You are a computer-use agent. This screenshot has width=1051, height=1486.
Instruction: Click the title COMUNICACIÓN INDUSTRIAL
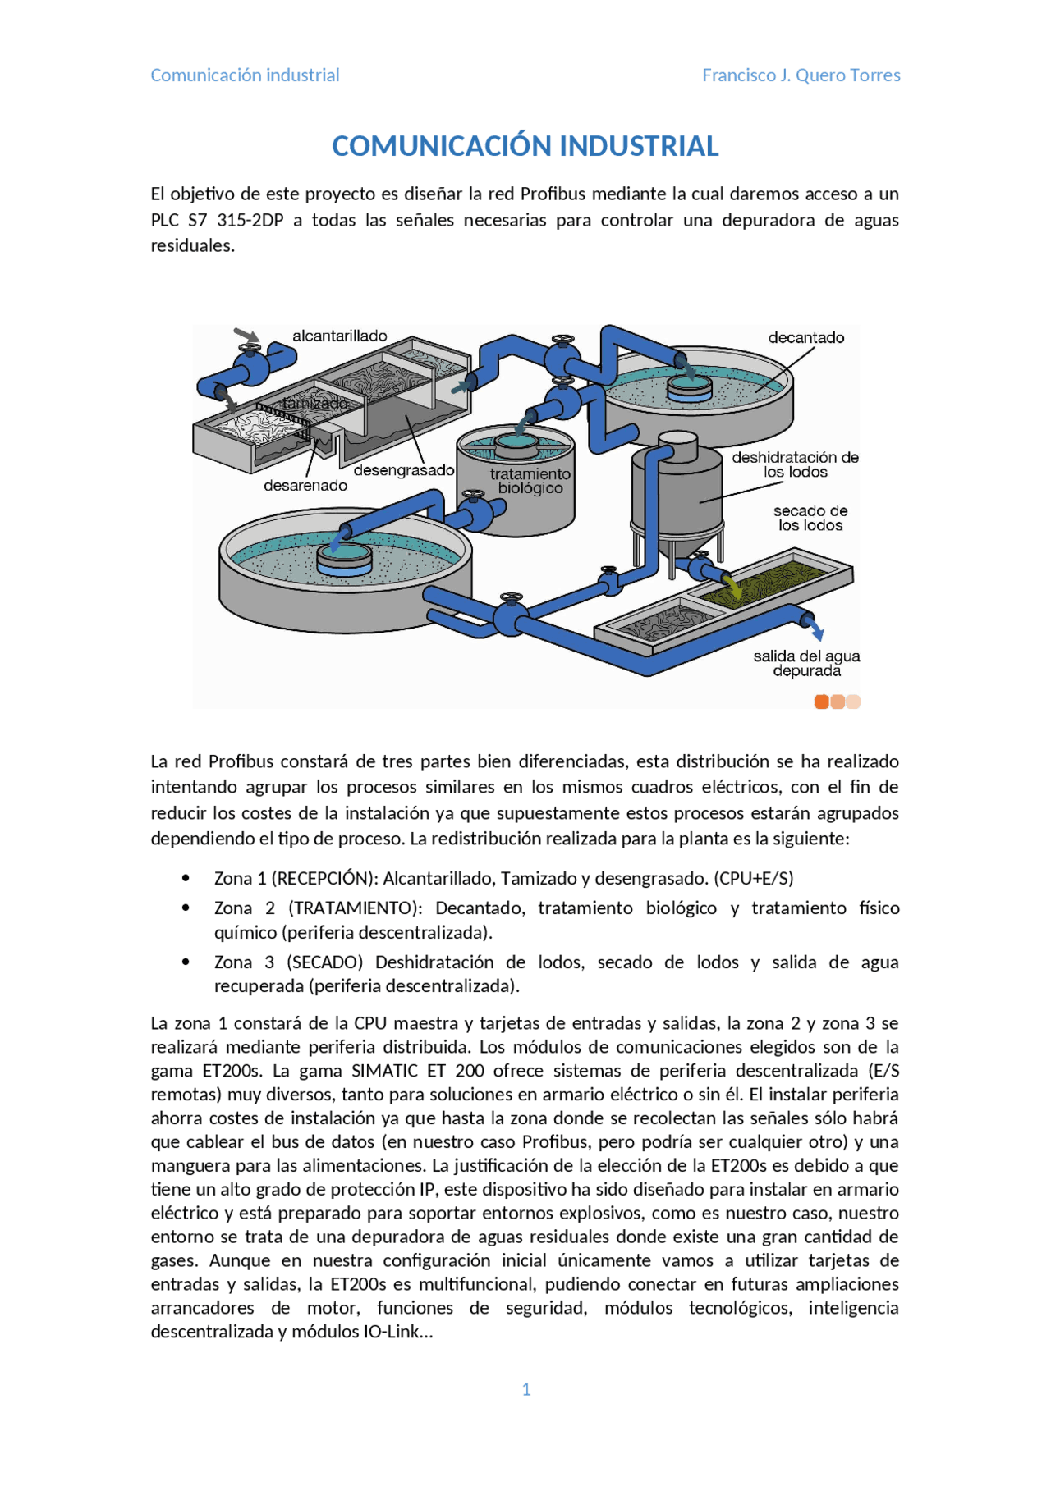pos(525,146)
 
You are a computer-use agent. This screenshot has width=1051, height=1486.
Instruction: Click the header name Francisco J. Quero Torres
pos(801,75)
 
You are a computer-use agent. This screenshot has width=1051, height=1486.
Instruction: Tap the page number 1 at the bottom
pos(526,1389)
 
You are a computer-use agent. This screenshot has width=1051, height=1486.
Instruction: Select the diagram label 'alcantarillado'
pos(339,336)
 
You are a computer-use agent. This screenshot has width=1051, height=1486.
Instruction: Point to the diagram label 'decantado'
pos(805,337)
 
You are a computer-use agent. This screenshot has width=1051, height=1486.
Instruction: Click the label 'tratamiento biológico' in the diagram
pos(530,481)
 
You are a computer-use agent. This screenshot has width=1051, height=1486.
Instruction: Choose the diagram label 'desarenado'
pos(305,486)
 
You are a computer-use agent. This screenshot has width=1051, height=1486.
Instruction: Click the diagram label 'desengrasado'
pos(403,470)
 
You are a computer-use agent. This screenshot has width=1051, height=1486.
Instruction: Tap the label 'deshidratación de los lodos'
pos(795,464)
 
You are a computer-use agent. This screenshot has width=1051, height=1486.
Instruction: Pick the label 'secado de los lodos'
pos(810,518)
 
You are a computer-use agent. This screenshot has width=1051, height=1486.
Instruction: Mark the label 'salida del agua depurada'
pos(806,663)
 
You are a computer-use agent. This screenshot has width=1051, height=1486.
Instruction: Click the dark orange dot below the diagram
pos(821,702)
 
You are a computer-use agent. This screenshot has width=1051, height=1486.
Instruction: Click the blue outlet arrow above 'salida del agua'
pos(816,631)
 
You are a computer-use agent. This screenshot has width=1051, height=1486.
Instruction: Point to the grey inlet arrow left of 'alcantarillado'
pos(246,335)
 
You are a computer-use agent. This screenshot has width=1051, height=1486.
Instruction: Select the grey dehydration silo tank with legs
pos(677,492)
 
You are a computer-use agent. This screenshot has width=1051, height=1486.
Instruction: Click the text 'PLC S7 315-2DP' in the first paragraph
pos(217,220)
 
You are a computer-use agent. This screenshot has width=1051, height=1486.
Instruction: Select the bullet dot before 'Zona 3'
pos(186,962)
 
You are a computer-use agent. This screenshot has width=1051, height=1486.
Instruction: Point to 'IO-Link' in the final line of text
pos(390,1332)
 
